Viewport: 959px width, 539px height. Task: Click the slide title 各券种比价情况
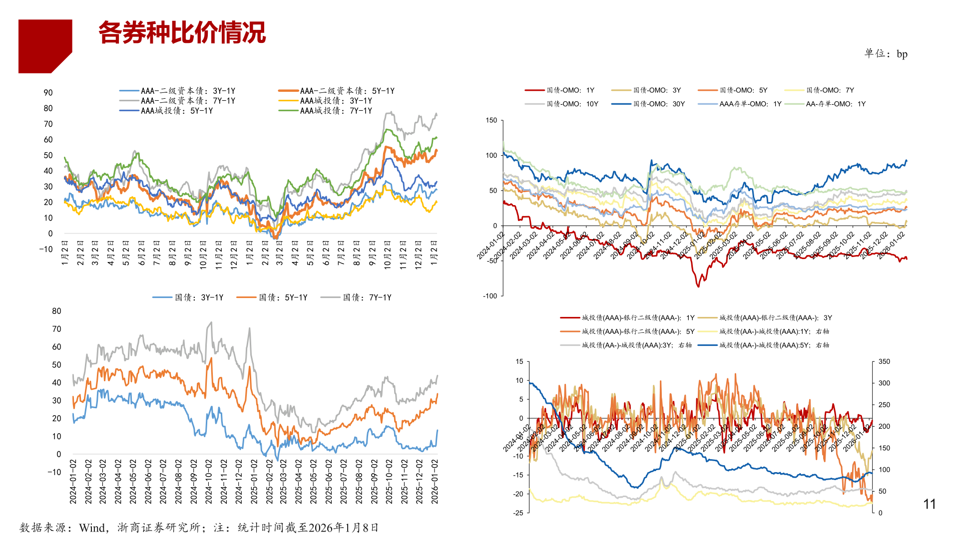coord(182,33)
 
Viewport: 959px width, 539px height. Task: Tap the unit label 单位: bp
coord(886,54)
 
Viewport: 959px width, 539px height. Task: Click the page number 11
coord(929,504)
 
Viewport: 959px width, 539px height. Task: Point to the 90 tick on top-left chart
coord(48,93)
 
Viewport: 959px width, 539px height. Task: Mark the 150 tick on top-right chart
coord(491,120)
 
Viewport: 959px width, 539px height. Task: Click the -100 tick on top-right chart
coord(490,296)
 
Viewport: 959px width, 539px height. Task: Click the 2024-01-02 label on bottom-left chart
coord(73,482)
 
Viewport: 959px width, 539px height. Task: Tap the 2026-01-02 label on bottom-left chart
coord(435,482)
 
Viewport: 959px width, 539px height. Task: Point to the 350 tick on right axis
coord(884,362)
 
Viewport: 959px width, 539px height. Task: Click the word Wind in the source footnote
coord(92,528)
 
